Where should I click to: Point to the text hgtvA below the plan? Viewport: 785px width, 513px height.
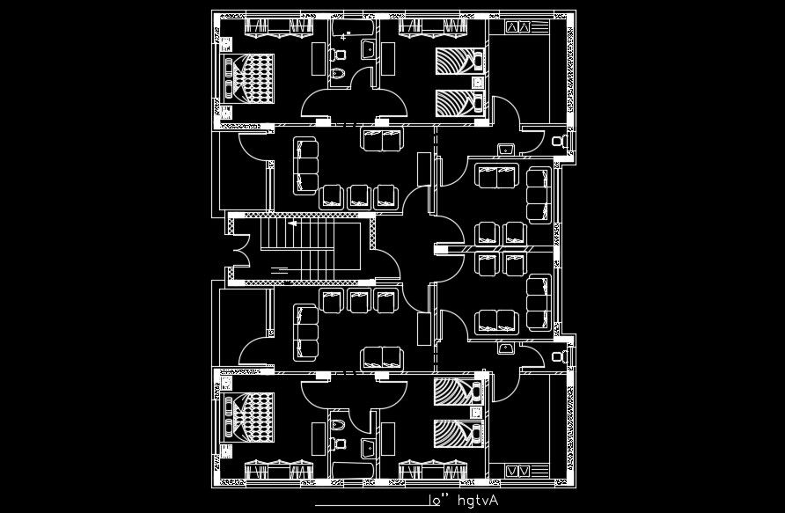point(477,500)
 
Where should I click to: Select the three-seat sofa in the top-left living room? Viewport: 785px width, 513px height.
point(306,165)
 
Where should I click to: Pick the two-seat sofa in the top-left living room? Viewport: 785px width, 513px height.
point(381,139)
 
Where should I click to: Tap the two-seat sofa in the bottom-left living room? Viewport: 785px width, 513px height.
point(381,356)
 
